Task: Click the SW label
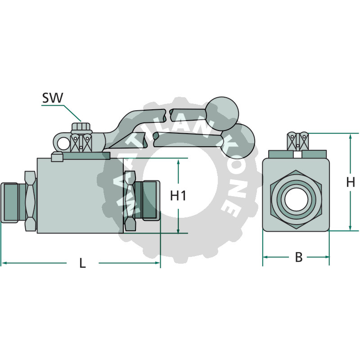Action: click(x=53, y=98)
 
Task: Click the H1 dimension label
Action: click(x=179, y=196)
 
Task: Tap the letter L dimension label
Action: click(x=82, y=263)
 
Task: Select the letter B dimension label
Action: click(x=298, y=257)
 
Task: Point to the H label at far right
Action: click(x=351, y=182)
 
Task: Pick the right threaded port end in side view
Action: click(x=150, y=200)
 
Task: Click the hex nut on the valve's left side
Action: click(x=29, y=201)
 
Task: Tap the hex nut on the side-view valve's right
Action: click(x=130, y=201)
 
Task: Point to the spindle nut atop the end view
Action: click(x=298, y=142)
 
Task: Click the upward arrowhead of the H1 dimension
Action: click(x=179, y=162)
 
